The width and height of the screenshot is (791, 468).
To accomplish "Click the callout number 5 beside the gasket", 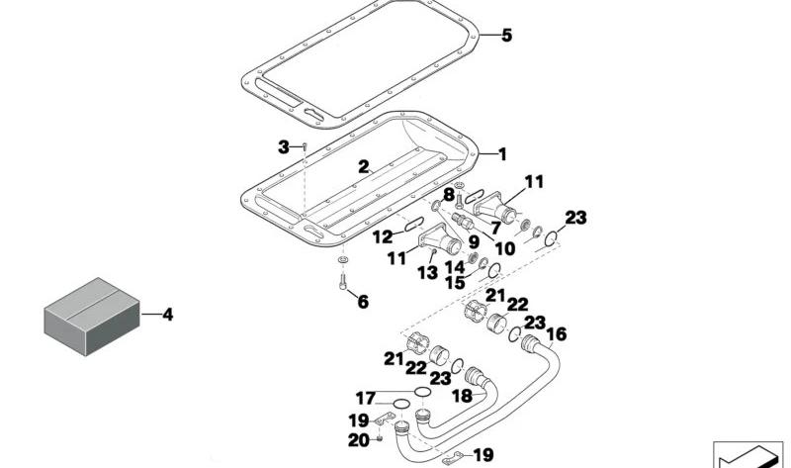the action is tap(506, 36).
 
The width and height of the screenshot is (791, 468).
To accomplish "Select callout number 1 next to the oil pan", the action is tap(502, 154).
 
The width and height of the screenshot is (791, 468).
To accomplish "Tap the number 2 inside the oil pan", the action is tap(364, 166).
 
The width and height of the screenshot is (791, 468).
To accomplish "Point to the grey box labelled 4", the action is tap(92, 317).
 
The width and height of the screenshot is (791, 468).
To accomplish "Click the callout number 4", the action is tap(167, 315).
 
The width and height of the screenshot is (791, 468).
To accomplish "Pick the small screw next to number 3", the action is tap(305, 146).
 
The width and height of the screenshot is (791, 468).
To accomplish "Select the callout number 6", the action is tap(363, 302).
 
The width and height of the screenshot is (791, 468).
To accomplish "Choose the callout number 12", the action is tap(383, 236).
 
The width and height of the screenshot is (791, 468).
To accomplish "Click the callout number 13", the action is tap(427, 273).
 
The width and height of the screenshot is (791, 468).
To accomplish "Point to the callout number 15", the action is tap(455, 283).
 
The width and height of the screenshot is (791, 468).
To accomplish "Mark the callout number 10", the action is tap(505, 248).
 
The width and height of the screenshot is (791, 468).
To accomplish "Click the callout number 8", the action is tap(449, 194).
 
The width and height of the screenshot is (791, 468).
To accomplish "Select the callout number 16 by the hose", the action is tap(557, 334).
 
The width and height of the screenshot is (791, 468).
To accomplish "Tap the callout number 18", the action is tap(463, 397).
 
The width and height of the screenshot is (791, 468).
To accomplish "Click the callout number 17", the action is tap(366, 399).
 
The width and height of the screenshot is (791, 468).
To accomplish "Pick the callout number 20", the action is tap(359, 440).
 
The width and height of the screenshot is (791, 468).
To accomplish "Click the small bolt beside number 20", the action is tap(379, 439).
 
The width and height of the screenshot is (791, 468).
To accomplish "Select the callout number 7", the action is tap(496, 229).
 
